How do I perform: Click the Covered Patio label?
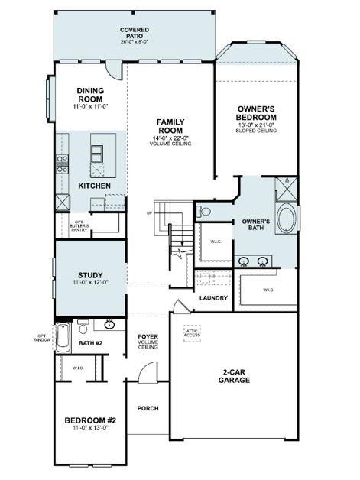(134, 31)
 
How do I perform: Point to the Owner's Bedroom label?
(257, 112)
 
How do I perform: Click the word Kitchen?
(95, 186)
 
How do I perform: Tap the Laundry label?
(213, 297)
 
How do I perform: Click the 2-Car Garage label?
(234, 375)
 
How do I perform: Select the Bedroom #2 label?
(90, 420)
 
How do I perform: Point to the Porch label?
(148, 408)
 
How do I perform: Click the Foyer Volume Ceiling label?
(148, 341)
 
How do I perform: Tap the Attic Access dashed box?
(193, 332)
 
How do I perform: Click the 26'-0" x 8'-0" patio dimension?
(134, 41)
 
